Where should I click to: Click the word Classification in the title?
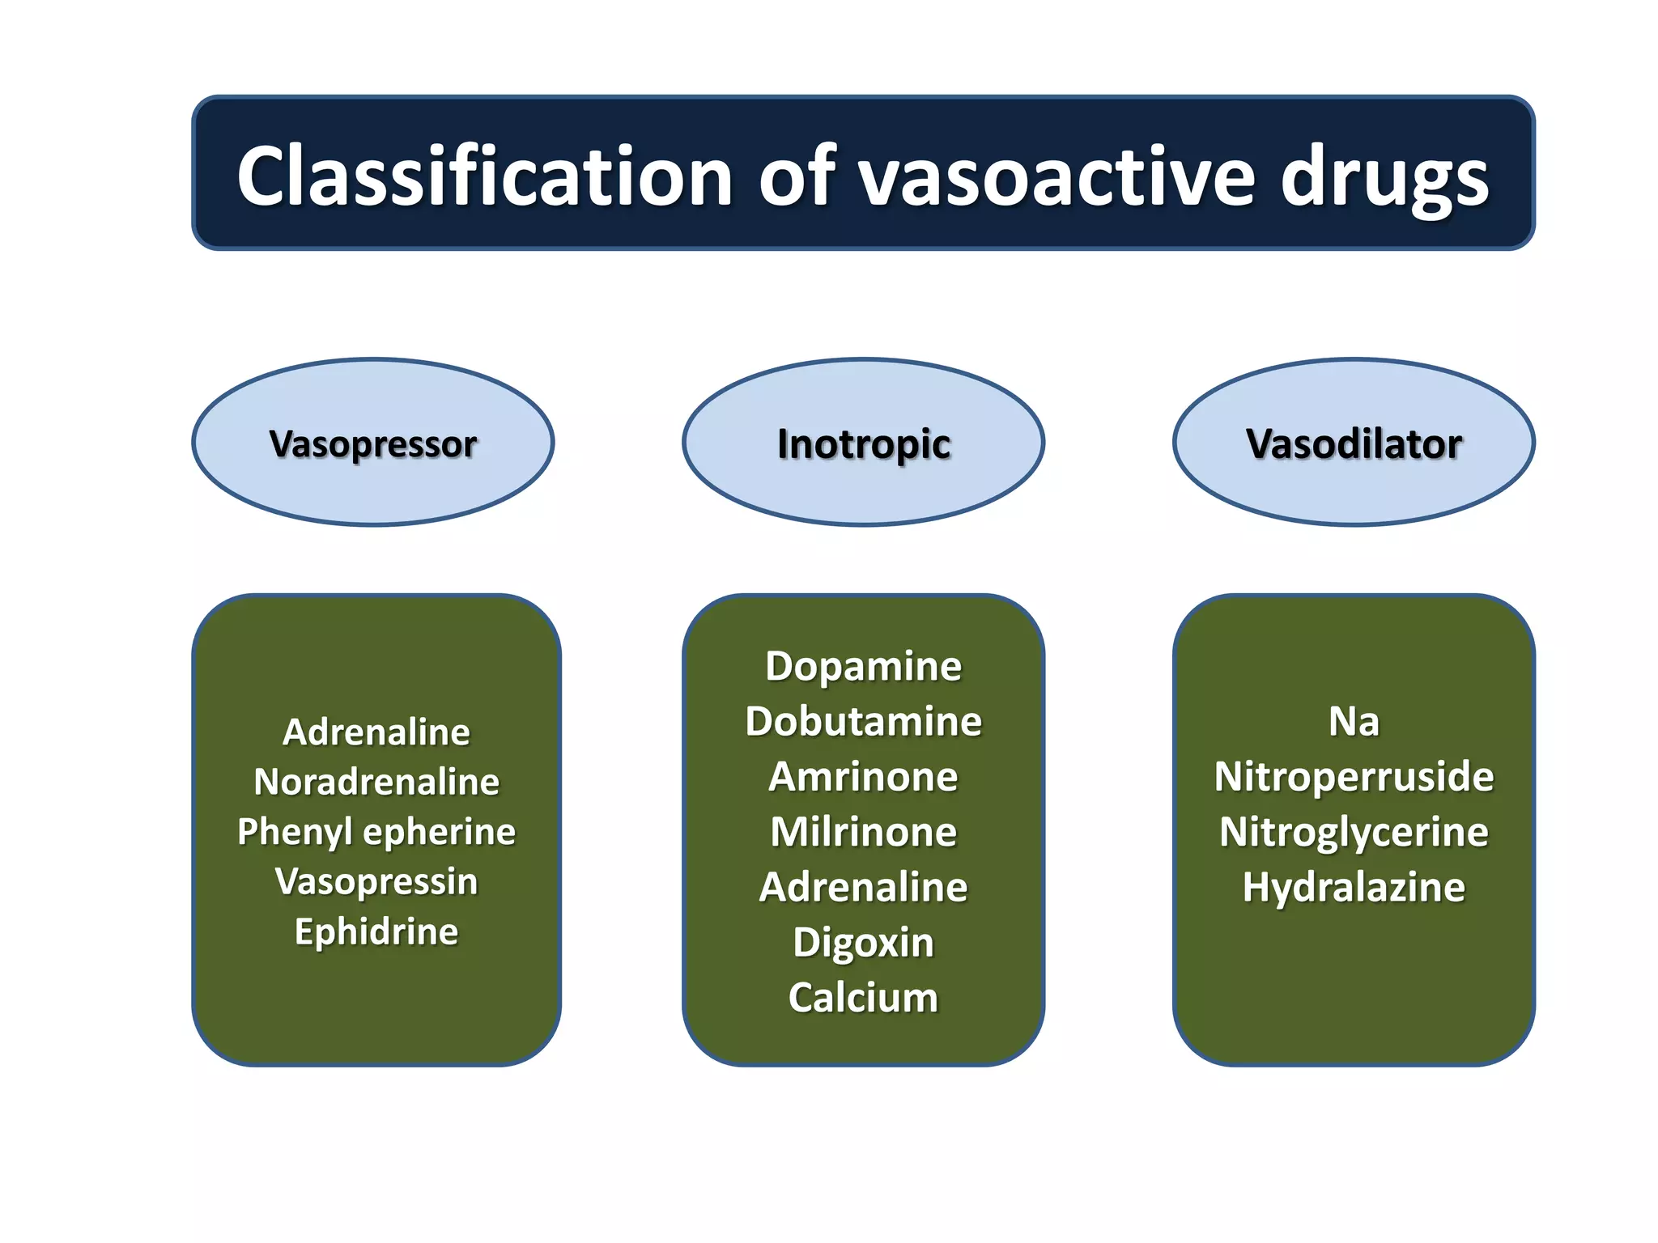(x=484, y=176)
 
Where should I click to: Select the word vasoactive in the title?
(x=1056, y=176)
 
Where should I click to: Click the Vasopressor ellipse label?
(x=373, y=443)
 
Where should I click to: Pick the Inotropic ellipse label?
(x=864, y=443)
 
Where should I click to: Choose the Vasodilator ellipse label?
(x=1354, y=443)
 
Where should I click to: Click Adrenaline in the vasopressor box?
(x=376, y=732)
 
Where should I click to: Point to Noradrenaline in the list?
(x=376, y=782)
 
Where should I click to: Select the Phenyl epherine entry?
(x=376, y=832)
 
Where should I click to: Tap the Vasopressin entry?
(x=376, y=881)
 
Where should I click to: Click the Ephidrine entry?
(x=376, y=931)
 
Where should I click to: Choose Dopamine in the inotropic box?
(x=864, y=666)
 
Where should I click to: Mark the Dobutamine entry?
(x=864, y=721)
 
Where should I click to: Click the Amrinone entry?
(x=864, y=776)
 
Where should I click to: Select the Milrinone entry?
(x=864, y=832)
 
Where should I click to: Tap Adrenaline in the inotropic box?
(x=864, y=887)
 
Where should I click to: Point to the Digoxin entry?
(x=864, y=942)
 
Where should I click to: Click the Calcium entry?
(x=864, y=997)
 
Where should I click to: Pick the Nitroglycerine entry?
(x=1354, y=832)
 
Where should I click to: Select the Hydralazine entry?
(x=1354, y=887)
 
